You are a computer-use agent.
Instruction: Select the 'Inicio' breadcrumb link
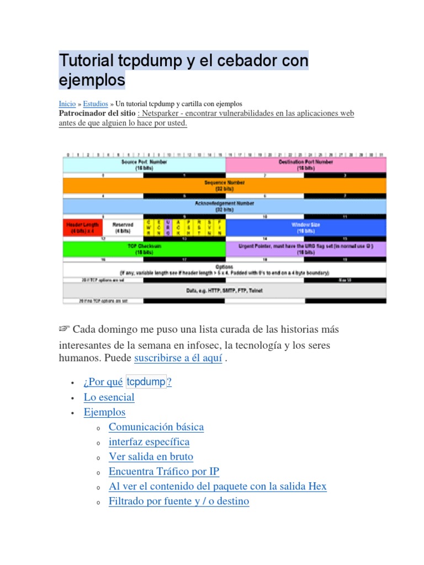click(x=67, y=104)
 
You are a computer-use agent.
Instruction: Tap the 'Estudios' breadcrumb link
click(x=96, y=104)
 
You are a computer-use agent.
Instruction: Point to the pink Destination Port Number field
click(x=305, y=164)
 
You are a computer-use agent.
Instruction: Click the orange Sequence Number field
click(x=225, y=185)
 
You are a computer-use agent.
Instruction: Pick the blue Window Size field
click(x=305, y=228)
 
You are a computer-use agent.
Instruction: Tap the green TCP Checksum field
click(x=144, y=249)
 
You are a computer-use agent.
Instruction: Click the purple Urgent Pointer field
click(x=305, y=249)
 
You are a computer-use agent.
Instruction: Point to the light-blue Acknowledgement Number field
click(x=225, y=206)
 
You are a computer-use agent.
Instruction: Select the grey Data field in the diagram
click(x=225, y=290)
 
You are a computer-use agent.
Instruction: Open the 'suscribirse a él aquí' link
click(x=178, y=358)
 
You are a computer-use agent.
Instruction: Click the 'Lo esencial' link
click(x=109, y=397)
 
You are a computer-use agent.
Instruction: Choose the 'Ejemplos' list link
click(x=104, y=412)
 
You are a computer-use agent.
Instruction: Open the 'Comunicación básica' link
click(x=156, y=427)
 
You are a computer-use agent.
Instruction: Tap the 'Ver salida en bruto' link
click(x=151, y=457)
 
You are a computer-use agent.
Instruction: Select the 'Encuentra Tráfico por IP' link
click(x=164, y=472)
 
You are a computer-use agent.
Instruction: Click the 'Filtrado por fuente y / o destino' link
click(x=179, y=502)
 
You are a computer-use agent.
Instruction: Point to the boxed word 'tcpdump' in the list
click(x=146, y=382)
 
